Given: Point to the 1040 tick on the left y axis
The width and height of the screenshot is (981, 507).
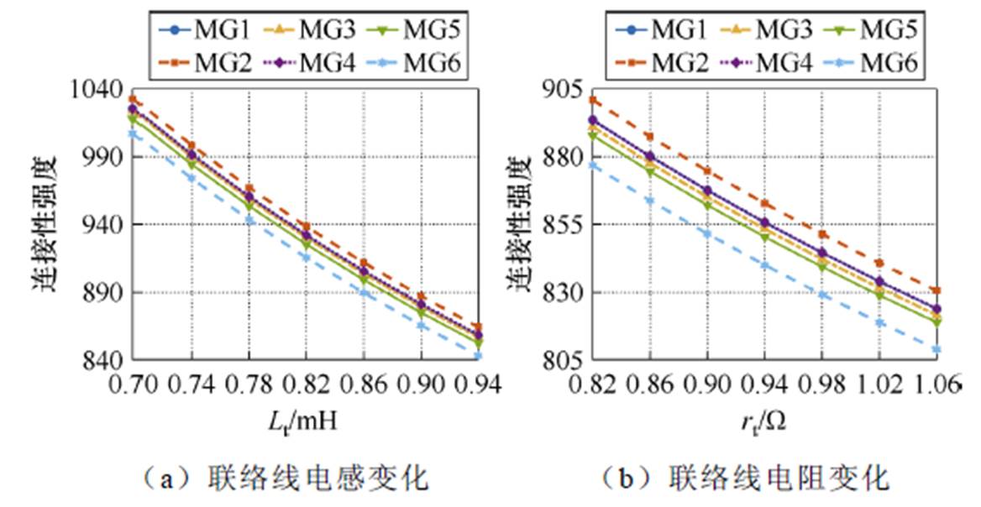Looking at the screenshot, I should tap(102, 89).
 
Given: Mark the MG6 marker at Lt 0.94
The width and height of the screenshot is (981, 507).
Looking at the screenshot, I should tap(479, 357).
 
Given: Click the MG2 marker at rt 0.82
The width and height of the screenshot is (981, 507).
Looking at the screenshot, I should tap(592, 101).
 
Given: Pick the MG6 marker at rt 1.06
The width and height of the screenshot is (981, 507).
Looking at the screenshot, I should tap(936, 349).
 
